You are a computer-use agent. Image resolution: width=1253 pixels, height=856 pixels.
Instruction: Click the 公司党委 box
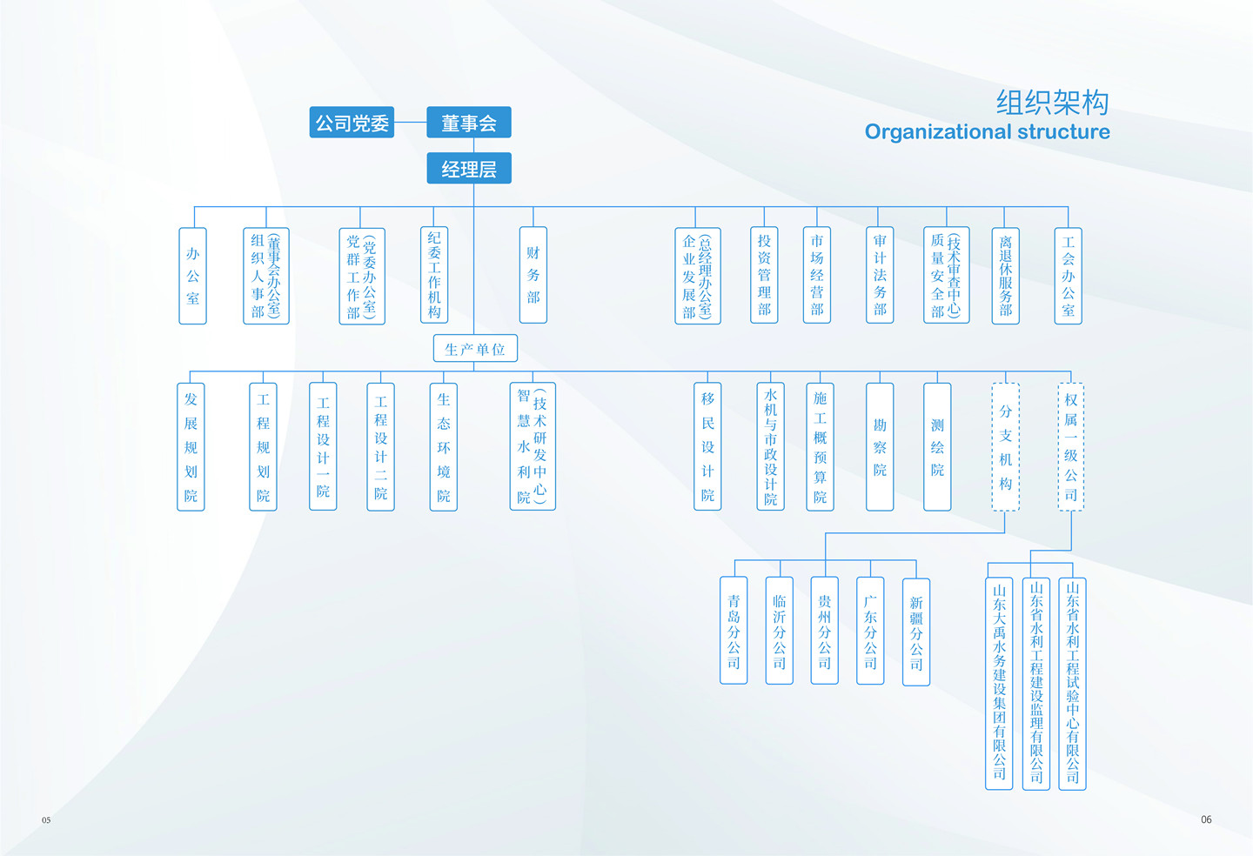[x=352, y=123]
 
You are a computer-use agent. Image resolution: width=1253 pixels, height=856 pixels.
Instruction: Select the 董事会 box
[x=468, y=123]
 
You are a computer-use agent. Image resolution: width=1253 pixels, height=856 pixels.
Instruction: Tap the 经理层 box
[x=468, y=168]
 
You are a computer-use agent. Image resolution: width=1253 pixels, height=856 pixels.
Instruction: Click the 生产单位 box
[x=475, y=349]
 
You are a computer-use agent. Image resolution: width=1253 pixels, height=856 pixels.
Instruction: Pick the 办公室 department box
[x=192, y=276]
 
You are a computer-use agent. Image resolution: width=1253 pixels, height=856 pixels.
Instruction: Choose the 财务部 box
[x=533, y=275]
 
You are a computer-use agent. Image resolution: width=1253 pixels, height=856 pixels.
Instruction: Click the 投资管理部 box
[x=764, y=275]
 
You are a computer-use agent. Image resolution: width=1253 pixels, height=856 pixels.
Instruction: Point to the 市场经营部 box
[x=816, y=275]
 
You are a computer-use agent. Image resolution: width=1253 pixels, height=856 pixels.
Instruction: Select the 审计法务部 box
[x=880, y=275]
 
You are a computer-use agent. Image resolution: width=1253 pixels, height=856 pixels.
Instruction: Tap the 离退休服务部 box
[x=1005, y=276]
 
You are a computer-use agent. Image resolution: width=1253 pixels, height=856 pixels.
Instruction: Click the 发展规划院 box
[x=191, y=447]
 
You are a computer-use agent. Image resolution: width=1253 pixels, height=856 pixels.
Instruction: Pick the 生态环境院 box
[x=443, y=447]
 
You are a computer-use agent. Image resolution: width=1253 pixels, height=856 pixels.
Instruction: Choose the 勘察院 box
[x=880, y=447]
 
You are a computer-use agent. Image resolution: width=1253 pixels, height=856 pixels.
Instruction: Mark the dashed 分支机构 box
[x=1005, y=447]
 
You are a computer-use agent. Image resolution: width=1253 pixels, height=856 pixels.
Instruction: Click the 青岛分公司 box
[x=734, y=631]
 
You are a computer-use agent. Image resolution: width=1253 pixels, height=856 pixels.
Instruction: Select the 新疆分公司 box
[x=915, y=632]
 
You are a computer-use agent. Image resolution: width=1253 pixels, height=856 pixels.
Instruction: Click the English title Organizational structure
[x=987, y=132]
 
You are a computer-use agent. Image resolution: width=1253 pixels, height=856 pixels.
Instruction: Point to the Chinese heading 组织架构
[x=1052, y=103]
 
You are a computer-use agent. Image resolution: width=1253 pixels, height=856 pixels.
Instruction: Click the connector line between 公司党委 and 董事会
[x=410, y=123]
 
